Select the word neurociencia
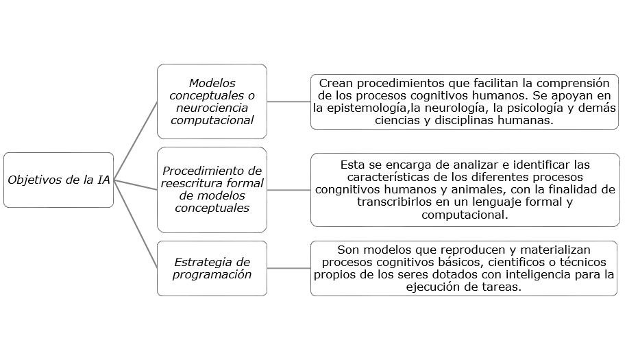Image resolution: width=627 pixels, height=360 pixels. point(211,108)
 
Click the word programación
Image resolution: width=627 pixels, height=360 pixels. point(212,274)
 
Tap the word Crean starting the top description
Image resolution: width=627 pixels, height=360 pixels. point(336,83)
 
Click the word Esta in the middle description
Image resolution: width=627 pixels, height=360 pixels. point(351,165)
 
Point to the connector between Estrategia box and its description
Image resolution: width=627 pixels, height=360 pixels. point(288,269)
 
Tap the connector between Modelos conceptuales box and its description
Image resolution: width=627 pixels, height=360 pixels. point(288,101)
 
